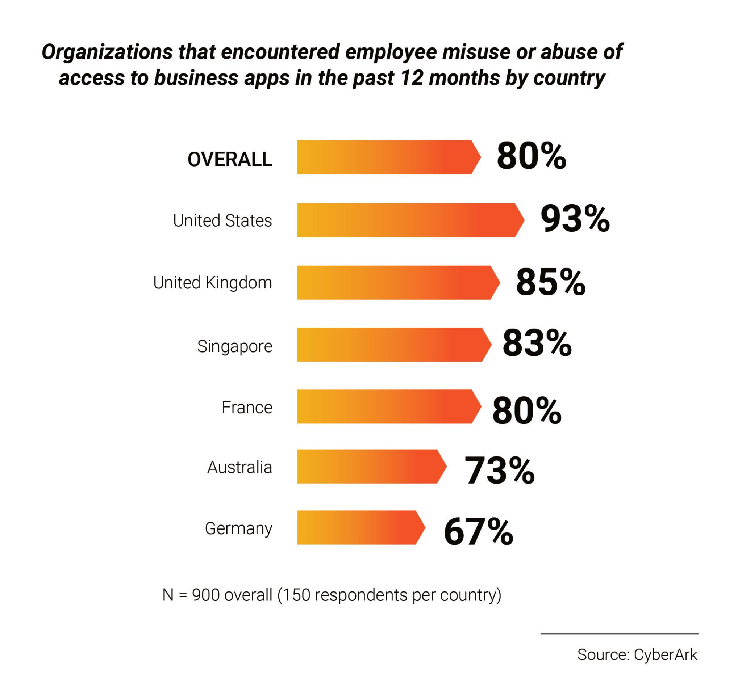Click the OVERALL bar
(387, 157)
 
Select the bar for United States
(409, 220)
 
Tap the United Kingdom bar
(396, 283)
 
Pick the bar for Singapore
(393, 345)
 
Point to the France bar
(387, 407)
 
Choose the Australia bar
(370, 467)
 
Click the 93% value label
(575, 219)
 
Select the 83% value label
(537, 344)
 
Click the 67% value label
(478, 532)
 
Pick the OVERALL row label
(230, 159)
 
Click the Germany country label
(238, 528)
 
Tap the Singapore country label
(235, 346)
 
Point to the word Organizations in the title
(107, 52)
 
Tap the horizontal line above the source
(619, 634)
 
